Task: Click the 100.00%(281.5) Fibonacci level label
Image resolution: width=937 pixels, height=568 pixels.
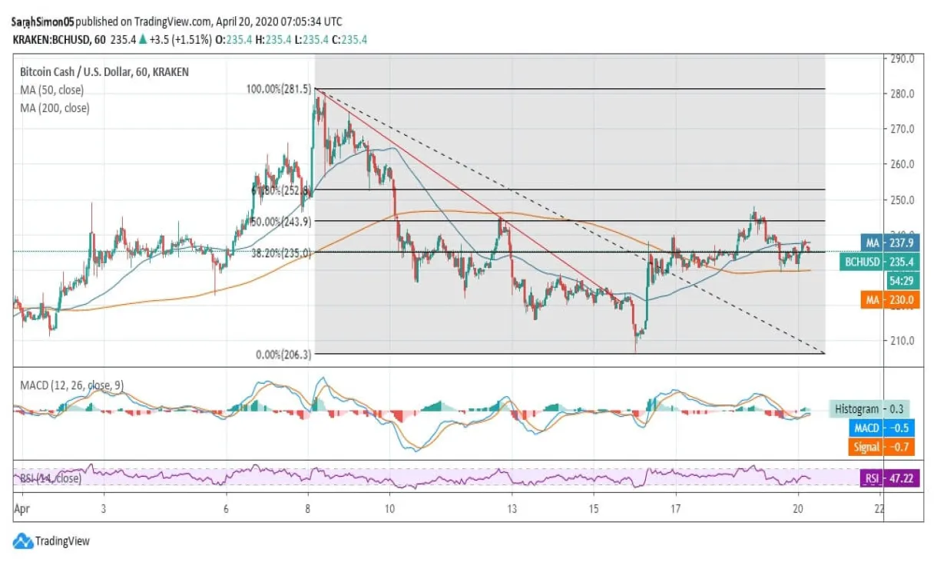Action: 278,89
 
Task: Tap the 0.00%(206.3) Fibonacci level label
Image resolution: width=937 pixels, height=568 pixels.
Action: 283,355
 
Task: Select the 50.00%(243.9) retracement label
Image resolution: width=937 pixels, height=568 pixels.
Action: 280,222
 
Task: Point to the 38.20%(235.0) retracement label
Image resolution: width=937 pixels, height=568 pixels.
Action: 280,252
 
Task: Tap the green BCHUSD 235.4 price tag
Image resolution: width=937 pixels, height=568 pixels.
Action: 879,262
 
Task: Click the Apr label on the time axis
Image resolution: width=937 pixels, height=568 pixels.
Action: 22,509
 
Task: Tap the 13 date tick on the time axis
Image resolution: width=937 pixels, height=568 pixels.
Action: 512,509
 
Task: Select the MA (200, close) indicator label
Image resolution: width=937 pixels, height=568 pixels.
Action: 54,108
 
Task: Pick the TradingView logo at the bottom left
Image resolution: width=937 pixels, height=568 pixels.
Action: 51,541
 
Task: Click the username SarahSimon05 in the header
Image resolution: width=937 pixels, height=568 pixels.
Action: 43,22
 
